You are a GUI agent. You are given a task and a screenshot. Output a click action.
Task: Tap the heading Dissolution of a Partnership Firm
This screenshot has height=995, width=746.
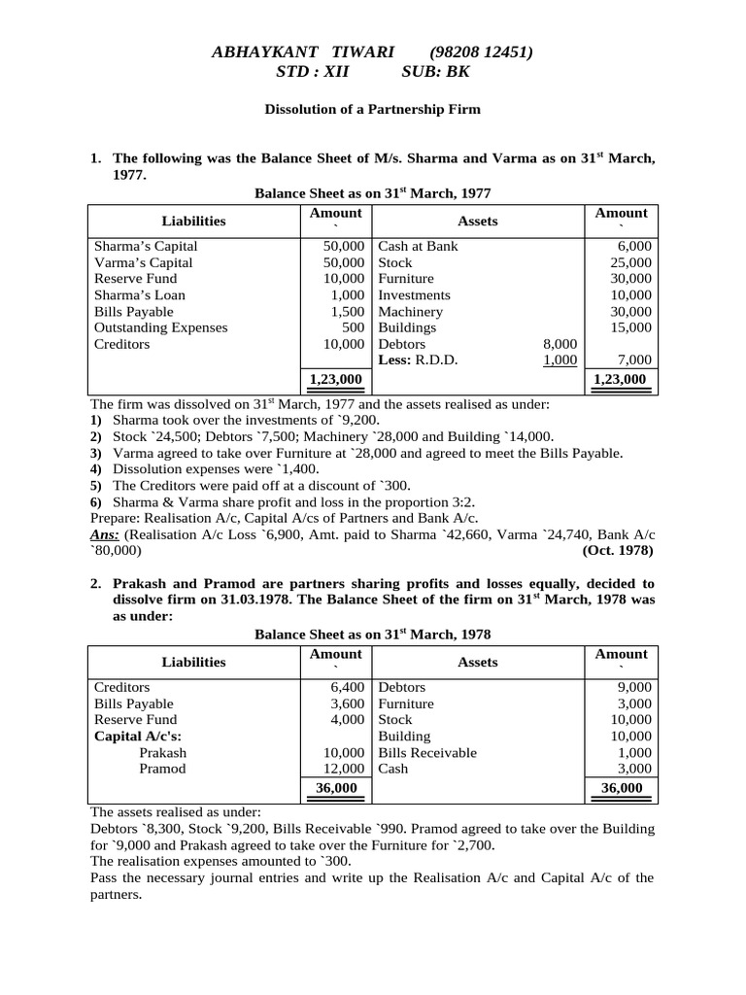point(373,110)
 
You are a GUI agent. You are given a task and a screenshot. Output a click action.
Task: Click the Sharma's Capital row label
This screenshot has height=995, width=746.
point(146,247)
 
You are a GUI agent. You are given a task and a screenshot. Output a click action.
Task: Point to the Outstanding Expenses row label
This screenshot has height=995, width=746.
point(160,328)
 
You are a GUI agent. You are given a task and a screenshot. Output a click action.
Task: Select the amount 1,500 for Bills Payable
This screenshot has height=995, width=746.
point(347,312)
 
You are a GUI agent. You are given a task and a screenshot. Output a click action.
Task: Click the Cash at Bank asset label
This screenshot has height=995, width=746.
point(418,247)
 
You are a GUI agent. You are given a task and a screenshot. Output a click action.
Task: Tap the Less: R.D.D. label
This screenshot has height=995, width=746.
point(418,360)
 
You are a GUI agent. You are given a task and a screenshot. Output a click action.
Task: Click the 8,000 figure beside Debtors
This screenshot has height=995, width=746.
point(559,344)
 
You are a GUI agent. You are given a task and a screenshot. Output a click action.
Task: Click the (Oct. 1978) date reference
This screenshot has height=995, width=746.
point(619,550)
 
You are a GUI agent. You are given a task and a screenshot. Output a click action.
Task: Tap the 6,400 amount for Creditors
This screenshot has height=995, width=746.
point(347,687)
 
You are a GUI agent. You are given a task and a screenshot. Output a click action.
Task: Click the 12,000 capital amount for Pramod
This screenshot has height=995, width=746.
point(344,769)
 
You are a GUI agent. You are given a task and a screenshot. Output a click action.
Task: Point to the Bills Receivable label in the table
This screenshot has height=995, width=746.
point(427,753)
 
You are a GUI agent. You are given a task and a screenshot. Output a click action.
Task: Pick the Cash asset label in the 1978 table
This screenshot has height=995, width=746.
point(393,769)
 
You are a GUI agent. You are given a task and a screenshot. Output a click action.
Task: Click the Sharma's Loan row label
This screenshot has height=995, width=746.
point(140,295)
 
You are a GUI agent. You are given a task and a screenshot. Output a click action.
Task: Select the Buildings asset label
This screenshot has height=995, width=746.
point(407,328)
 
